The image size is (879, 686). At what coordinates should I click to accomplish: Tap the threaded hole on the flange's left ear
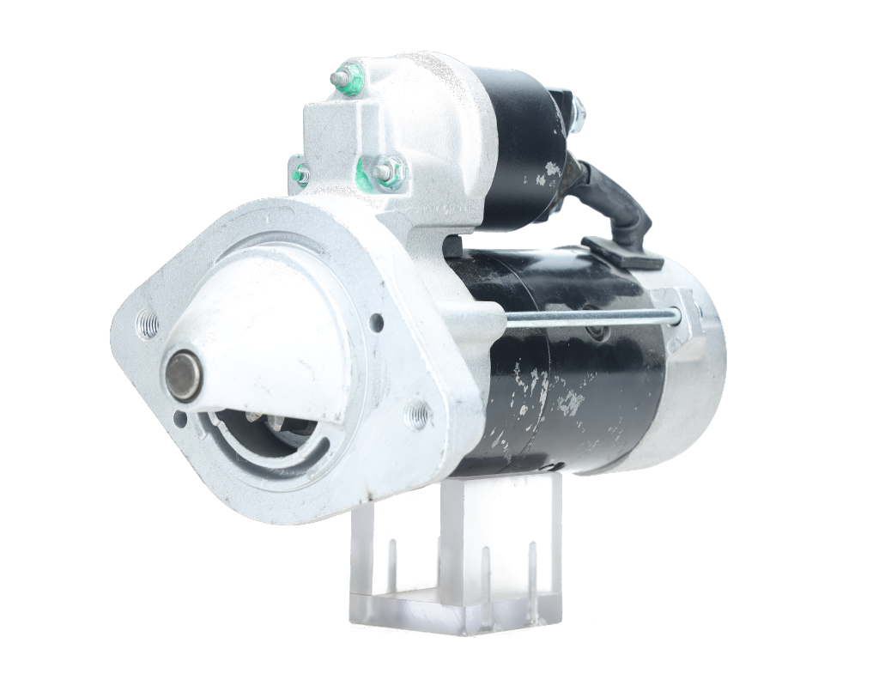(x=148, y=325)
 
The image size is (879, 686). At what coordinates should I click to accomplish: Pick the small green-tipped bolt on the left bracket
(x=300, y=173)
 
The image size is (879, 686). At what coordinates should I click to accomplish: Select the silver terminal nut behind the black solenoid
(x=577, y=107)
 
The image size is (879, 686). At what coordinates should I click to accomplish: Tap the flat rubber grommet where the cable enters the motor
(x=621, y=252)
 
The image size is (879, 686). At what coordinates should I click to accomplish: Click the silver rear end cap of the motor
(x=695, y=378)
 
